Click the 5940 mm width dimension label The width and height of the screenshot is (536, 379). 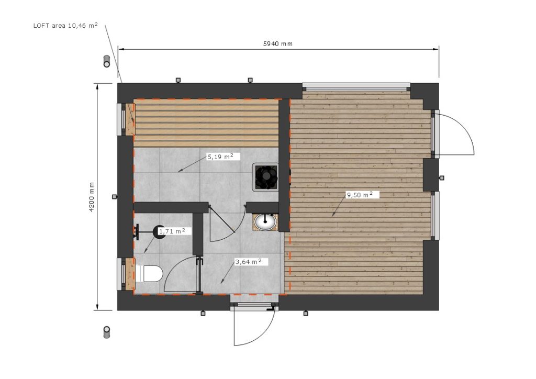click(277, 44)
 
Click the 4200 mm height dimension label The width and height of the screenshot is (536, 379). click(92, 197)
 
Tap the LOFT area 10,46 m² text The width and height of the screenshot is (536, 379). click(65, 25)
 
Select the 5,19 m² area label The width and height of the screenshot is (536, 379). click(220, 157)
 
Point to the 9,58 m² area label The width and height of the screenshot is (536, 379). click(360, 195)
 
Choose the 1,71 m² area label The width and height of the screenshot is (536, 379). click(172, 231)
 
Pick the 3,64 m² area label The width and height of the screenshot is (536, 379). click(248, 262)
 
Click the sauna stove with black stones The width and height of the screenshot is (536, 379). click(265, 176)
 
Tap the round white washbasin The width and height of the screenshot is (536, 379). click(265, 222)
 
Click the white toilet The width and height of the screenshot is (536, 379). click(149, 273)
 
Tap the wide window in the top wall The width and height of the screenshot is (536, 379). click(356, 86)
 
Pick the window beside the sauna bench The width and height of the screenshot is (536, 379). click(120, 119)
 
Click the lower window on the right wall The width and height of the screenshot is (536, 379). click(435, 216)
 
